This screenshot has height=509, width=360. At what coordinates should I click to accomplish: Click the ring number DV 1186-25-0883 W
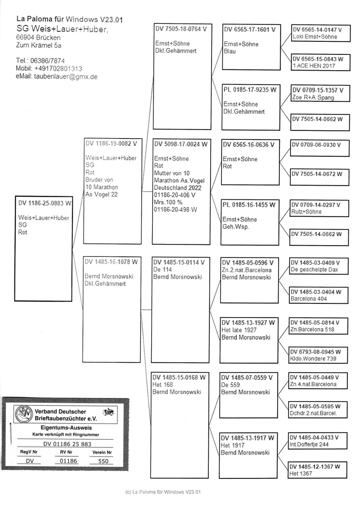pos(45,203)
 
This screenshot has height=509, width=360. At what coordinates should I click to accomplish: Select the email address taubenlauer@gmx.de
pos(66,77)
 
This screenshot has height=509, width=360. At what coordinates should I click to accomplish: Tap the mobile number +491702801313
pos(58,69)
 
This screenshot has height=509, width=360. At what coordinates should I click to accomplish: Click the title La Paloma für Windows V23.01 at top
pos(69,19)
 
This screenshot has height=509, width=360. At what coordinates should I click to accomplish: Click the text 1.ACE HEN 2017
pos(314,66)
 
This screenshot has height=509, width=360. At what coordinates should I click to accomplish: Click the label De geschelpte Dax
pos(314,270)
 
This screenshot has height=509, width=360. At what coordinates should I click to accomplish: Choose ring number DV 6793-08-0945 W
pos(315,351)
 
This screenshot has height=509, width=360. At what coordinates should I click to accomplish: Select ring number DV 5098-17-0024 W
pos(180,144)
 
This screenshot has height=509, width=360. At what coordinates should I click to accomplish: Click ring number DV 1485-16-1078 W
pos(111,261)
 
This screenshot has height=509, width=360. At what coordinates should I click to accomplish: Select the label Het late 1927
pos(239,330)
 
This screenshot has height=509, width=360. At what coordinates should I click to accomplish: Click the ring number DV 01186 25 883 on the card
pos(63,443)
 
